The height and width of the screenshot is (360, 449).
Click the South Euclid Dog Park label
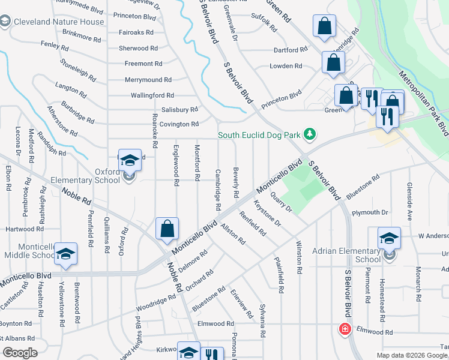(x=259, y=135)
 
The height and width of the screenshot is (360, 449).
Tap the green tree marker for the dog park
(x=310, y=134)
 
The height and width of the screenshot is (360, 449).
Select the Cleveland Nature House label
(x=59, y=22)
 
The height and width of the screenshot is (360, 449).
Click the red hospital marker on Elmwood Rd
(x=345, y=329)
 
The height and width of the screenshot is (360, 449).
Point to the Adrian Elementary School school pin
(x=389, y=239)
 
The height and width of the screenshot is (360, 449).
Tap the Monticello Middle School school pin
(x=65, y=254)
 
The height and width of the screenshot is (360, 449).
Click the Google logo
(x=20, y=352)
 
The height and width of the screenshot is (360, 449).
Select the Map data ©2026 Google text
(x=411, y=355)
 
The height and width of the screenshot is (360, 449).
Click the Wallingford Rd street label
(x=152, y=95)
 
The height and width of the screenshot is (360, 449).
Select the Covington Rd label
(x=179, y=124)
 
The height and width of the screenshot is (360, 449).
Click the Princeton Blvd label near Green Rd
(x=288, y=95)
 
